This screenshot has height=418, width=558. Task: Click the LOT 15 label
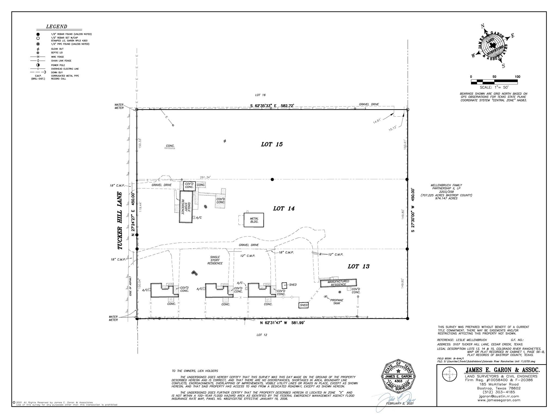click(272, 144)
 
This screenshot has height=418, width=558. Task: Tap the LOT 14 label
click(284, 208)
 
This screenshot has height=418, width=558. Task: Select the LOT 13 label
click(359, 266)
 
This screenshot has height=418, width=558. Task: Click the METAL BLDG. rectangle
click(254, 220)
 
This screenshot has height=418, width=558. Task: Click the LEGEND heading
click(56, 26)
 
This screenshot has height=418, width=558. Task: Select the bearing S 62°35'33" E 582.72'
click(272, 106)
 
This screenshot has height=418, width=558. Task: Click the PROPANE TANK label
click(337, 302)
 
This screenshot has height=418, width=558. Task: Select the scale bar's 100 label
click(517, 77)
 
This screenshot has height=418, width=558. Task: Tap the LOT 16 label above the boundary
click(260, 95)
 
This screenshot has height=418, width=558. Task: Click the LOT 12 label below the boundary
click(262, 335)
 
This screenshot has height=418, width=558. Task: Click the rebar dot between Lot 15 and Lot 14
click(272, 179)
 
